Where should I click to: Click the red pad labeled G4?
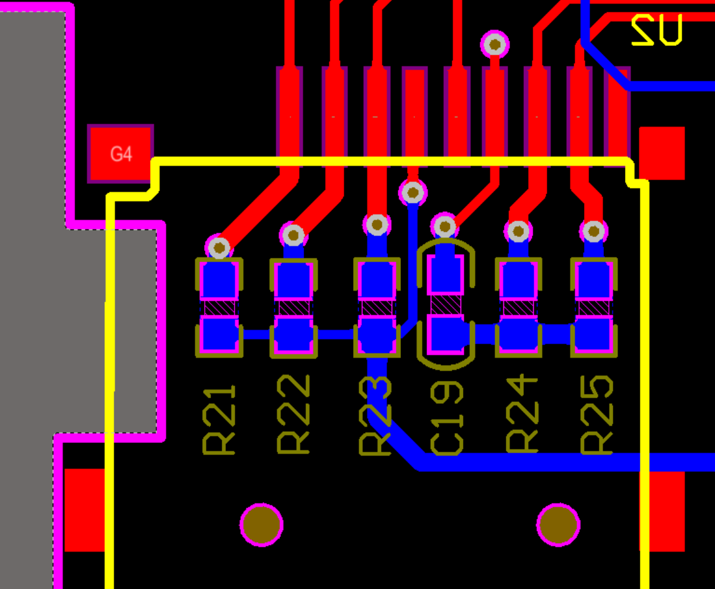[x=120, y=153]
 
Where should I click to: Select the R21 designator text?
[x=219, y=419]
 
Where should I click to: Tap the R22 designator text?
[x=293, y=414]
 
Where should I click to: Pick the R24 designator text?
[x=521, y=413]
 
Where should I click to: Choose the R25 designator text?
[x=596, y=414]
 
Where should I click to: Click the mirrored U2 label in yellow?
[x=657, y=30]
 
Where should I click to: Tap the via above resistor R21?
[x=219, y=247]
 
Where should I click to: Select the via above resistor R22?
[x=293, y=235]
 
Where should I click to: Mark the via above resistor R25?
[x=593, y=231]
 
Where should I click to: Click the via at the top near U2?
[x=495, y=44]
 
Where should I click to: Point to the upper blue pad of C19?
[x=445, y=274]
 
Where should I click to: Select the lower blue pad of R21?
[x=219, y=336]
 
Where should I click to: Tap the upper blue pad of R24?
[x=518, y=280]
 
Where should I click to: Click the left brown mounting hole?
[x=261, y=524]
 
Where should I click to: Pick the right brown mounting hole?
[x=559, y=524]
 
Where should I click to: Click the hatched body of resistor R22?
[x=293, y=308]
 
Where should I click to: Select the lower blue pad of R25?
[x=593, y=336]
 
